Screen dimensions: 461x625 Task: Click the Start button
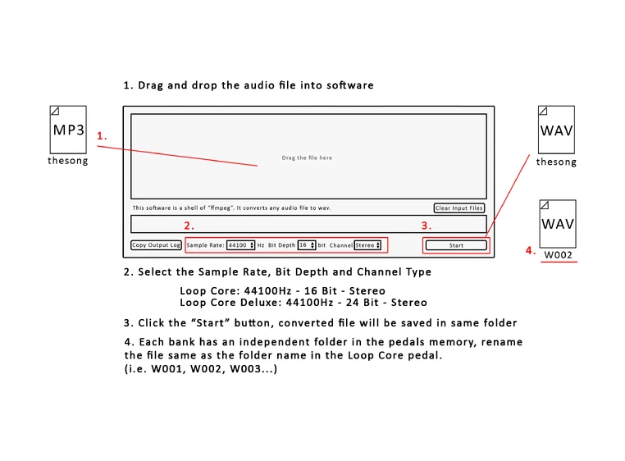click(x=456, y=245)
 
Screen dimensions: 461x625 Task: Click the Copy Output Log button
click(x=156, y=245)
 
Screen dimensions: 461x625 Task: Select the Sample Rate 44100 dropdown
click(x=241, y=245)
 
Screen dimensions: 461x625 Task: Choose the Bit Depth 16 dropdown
click(x=307, y=245)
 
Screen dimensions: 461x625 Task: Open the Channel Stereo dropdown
click(x=367, y=245)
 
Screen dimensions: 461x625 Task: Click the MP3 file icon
click(x=69, y=130)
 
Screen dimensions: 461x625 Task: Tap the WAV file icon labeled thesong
click(x=556, y=130)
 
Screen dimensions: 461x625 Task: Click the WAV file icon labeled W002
click(x=557, y=222)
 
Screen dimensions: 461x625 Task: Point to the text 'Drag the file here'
click(x=307, y=157)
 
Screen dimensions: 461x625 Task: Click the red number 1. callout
click(x=102, y=136)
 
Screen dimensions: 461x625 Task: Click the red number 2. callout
click(x=189, y=226)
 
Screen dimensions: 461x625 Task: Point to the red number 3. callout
click(x=426, y=226)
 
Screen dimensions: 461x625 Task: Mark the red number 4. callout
click(x=531, y=251)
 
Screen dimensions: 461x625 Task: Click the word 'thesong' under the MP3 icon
click(x=67, y=161)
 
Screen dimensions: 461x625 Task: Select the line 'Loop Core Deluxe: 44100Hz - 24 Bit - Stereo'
click(x=303, y=303)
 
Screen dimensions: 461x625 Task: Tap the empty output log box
click(x=308, y=224)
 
